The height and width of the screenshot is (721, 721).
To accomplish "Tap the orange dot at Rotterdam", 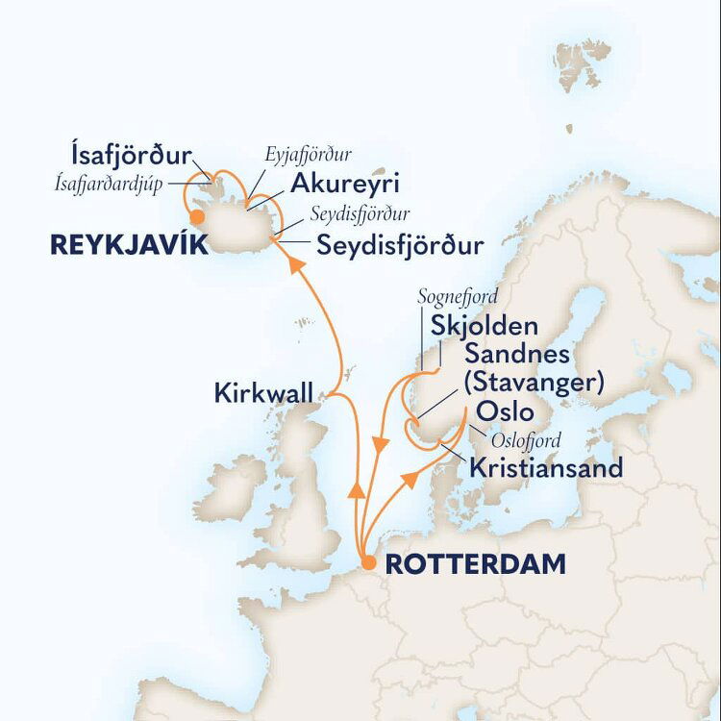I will pyautogui.click(x=367, y=563).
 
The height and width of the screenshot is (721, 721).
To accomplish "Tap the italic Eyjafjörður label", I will pyautogui.click(x=310, y=155).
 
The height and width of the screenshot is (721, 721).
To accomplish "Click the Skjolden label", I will pyautogui.click(x=493, y=325).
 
